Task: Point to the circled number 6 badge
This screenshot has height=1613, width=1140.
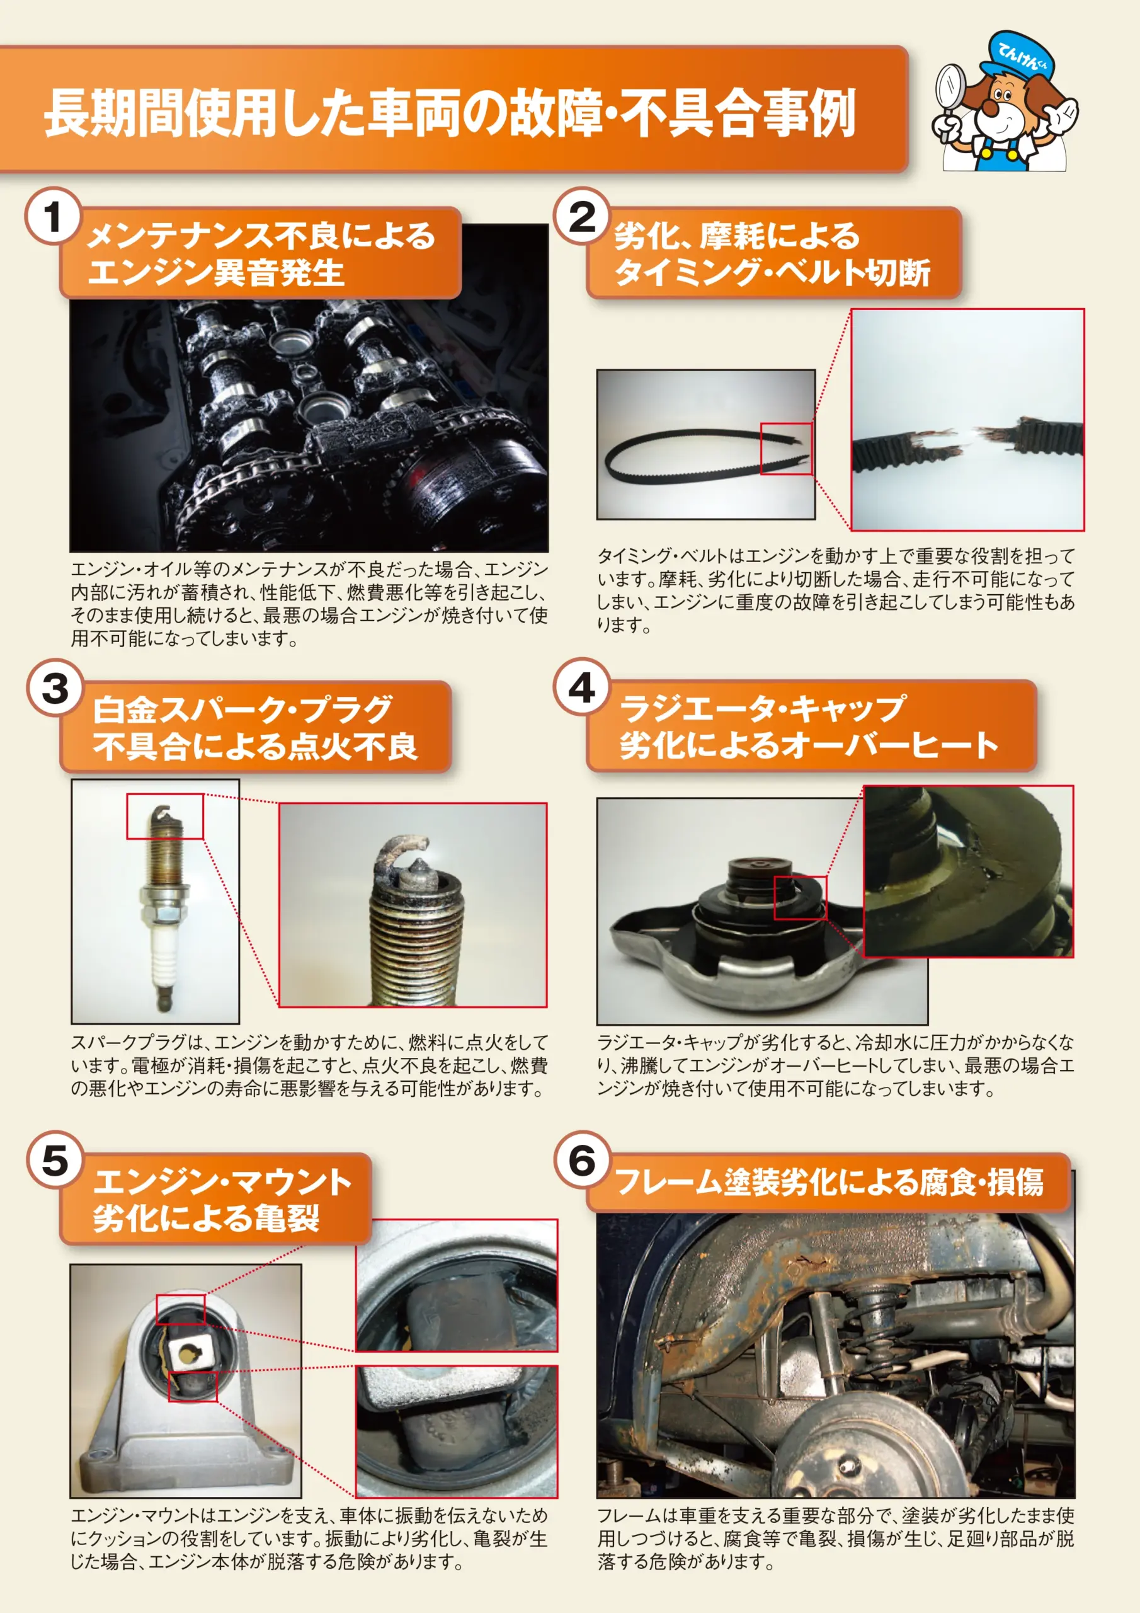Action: point(581,1160)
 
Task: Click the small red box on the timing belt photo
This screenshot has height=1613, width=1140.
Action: point(786,448)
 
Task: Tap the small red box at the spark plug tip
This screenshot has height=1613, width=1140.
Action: point(165,817)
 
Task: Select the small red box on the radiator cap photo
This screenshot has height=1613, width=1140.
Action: point(800,897)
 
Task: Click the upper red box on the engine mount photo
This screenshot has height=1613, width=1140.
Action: point(181,1309)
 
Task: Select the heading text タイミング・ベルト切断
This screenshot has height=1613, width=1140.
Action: point(772,273)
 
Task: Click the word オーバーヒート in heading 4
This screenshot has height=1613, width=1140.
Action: point(889,745)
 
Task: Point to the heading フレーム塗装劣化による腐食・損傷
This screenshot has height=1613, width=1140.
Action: point(829,1183)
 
